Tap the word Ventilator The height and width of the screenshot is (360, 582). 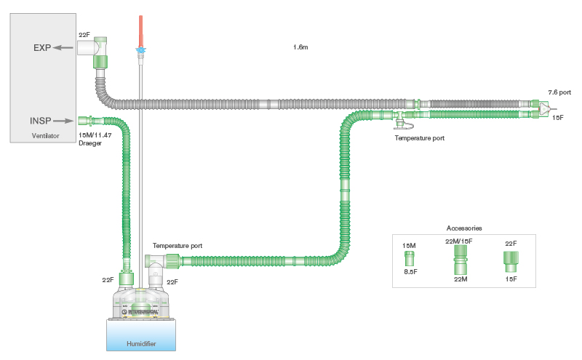44,136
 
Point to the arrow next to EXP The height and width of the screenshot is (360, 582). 66,48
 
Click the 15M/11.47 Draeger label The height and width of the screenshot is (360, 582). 95,139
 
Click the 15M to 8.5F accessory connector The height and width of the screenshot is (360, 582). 410,258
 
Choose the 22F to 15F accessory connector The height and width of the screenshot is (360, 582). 510,259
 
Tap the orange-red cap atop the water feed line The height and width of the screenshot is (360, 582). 140,29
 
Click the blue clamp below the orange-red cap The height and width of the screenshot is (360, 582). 140,51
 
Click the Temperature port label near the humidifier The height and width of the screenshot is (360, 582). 178,246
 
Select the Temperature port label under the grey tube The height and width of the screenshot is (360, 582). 419,137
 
